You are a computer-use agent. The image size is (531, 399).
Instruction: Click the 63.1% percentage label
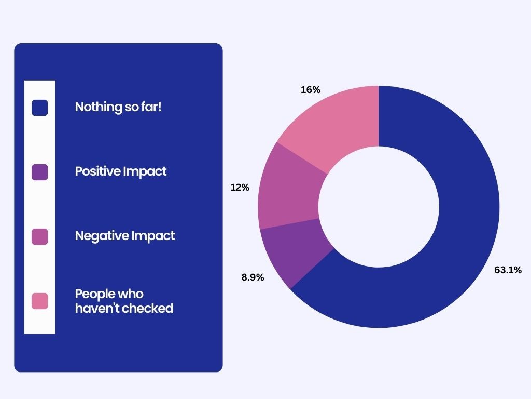tap(508, 270)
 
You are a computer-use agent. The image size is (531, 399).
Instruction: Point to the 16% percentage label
tap(311, 90)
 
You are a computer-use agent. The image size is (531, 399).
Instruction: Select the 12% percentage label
tap(240, 187)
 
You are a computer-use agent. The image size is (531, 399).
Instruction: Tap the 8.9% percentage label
tap(253, 277)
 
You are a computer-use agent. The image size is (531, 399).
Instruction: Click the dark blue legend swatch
tap(39, 108)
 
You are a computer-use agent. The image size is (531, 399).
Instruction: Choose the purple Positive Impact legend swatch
tap(39, 172)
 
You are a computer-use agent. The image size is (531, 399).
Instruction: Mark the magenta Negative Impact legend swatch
tap(39, 236)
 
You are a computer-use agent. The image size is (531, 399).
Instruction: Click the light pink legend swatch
tap(39, 301)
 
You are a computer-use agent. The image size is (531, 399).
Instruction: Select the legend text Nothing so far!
tap(118, 107)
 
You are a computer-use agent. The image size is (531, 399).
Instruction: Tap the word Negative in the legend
tap(102, 236)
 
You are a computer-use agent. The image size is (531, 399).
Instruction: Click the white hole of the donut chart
tap(379, 207)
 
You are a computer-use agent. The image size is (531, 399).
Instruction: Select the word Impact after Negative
tap(153, 236)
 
